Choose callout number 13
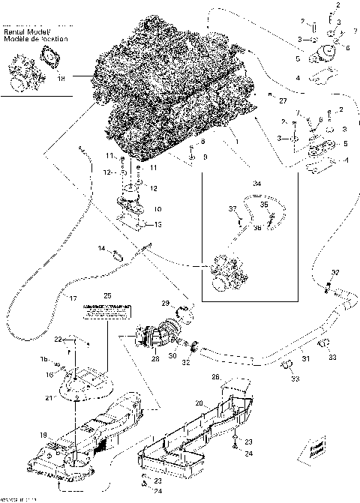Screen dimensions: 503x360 click(x=157, y=224)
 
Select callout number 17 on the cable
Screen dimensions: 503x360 click(x=73, y=298)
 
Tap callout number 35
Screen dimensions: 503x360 click(x=262, y=203)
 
